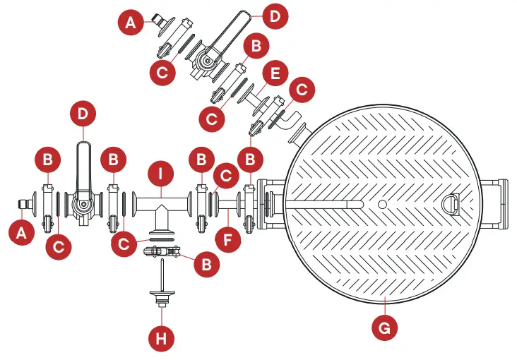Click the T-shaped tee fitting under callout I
tap(161, 207)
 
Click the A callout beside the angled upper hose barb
tap(130, 23)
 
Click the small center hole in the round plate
tap(381, 205)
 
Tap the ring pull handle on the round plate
tap(450, 205)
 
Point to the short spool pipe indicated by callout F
tap(227, 205)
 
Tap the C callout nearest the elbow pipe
tap(302, 90)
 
